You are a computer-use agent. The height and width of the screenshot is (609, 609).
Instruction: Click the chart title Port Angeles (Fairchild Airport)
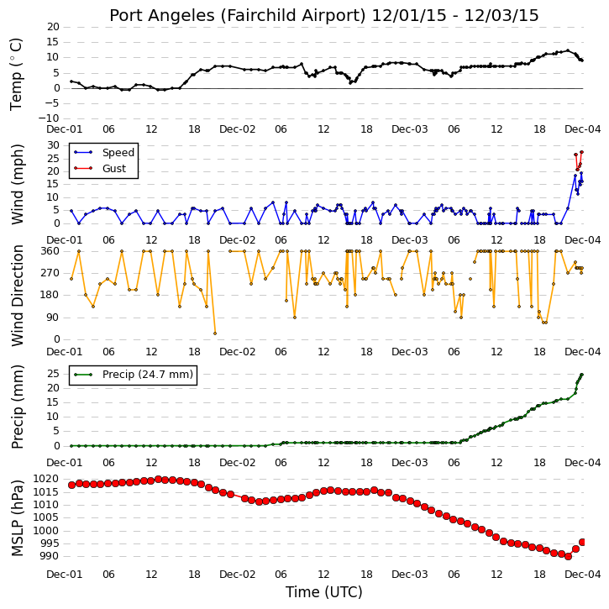click(x=238, y=15)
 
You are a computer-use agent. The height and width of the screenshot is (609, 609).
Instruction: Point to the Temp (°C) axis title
click(x=16, y=74)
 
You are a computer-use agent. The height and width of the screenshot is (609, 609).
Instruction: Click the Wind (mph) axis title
click(x=18, y=185)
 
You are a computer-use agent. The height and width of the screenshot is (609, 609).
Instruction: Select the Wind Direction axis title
click(x=18, y=296)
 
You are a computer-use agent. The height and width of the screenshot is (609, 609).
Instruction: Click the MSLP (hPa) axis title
click(x=18, y=517)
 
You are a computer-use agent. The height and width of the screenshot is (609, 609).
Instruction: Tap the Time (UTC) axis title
click(x=324, y=592)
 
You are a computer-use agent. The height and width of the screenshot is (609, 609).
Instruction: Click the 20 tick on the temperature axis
click(x=54, y=27)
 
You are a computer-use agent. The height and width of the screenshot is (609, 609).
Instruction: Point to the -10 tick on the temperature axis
click(x=50, y=118)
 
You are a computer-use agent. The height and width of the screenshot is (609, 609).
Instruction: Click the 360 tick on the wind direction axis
click(x=50, y=251)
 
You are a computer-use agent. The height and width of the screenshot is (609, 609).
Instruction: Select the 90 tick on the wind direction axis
click(x=53, y=318)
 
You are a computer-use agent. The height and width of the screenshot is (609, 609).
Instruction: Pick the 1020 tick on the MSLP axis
click(x=46, y=479)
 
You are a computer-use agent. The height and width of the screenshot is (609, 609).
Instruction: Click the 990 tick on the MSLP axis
click(x=50, y=556)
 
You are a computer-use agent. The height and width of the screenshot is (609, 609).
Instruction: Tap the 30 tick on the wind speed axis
click(x=53, y=145)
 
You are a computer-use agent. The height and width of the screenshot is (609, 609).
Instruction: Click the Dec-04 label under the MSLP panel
click(x=583, y=575)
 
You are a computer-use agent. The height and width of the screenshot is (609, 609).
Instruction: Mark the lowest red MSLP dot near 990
click(x=568, y=557)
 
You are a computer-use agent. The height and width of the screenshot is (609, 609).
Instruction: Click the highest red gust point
click(x=581, y=152)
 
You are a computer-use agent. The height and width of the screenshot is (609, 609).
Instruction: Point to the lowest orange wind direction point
click(x=215, y=333)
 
